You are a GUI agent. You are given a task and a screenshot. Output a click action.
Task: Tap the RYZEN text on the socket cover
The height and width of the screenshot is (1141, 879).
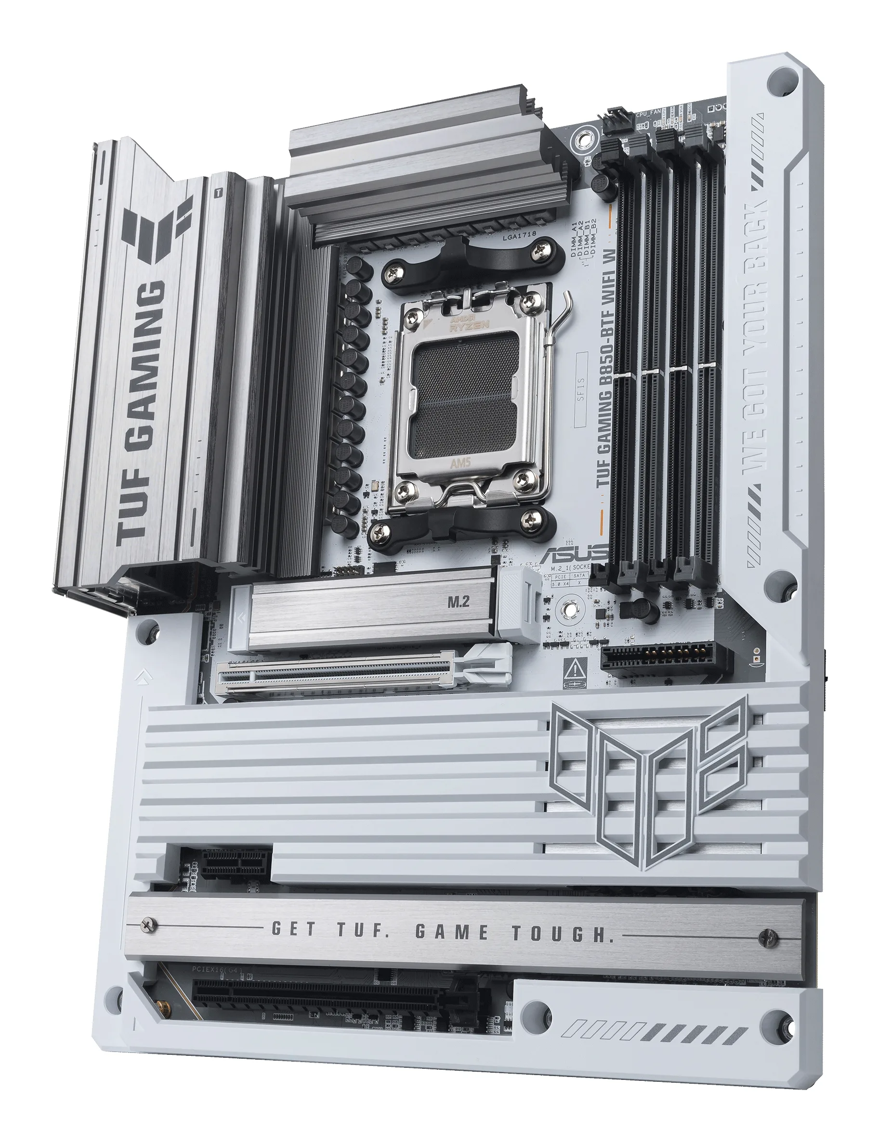tap(469, 325)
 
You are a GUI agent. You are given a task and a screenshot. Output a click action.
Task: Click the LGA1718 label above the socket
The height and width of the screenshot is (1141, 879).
tap(519, 235)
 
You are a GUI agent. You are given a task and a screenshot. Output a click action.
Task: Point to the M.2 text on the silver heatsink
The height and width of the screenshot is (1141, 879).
tap(458, 602)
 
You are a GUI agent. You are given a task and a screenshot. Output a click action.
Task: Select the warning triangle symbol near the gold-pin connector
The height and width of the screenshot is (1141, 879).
tap(575, 667)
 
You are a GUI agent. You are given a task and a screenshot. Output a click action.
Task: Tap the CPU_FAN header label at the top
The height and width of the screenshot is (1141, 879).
tap(648, 113)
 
